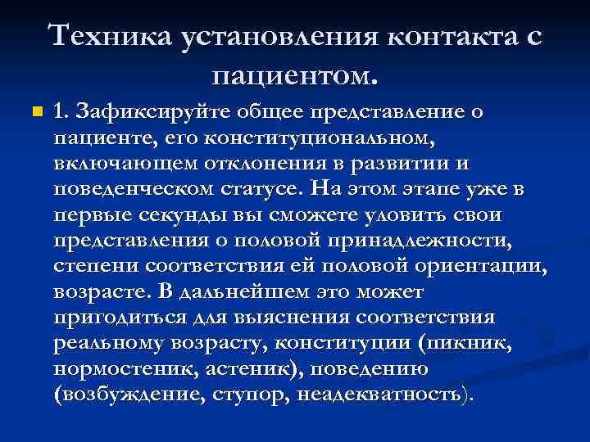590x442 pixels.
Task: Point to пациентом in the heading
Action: [294, 78]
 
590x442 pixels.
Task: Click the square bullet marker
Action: [33, 110]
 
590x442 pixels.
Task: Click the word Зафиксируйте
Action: [145, 110]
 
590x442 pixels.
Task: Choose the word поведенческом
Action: [127, 188]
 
